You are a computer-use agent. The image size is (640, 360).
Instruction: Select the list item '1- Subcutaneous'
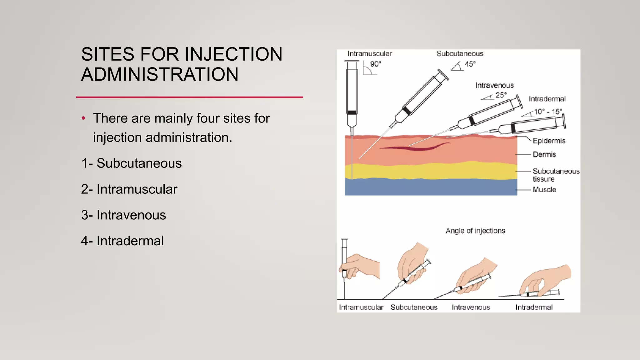point(131,163)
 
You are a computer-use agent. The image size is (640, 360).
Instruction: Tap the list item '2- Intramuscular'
point(129,189)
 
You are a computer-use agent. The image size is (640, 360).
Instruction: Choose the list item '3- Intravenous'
point(123,215)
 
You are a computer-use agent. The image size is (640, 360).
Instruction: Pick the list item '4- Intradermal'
point(122,241)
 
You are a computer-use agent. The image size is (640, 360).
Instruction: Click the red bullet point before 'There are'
point(83,118)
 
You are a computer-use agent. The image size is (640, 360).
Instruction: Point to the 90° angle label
point(376,64)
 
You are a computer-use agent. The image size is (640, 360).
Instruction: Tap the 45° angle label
point(470,64)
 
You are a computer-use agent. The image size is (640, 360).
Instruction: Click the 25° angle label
point(501,95)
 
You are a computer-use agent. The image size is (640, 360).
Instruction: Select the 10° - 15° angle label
point(548,112)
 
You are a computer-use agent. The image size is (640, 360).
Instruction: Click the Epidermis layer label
point(549,141)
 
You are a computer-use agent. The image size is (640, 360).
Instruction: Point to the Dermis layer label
point(544,154)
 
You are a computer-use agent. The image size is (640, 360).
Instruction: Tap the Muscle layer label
point(544,189)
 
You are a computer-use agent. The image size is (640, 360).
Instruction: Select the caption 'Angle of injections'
point(475,231)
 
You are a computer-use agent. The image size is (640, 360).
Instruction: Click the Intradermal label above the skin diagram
point(547,99)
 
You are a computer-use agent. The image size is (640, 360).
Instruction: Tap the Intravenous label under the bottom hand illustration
point(471,307)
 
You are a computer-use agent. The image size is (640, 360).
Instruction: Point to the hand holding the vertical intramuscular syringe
point(361,266)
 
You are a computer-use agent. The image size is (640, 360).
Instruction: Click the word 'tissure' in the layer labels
point(543,179)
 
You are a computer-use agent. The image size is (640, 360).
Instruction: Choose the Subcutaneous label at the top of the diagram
point(460,54)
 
